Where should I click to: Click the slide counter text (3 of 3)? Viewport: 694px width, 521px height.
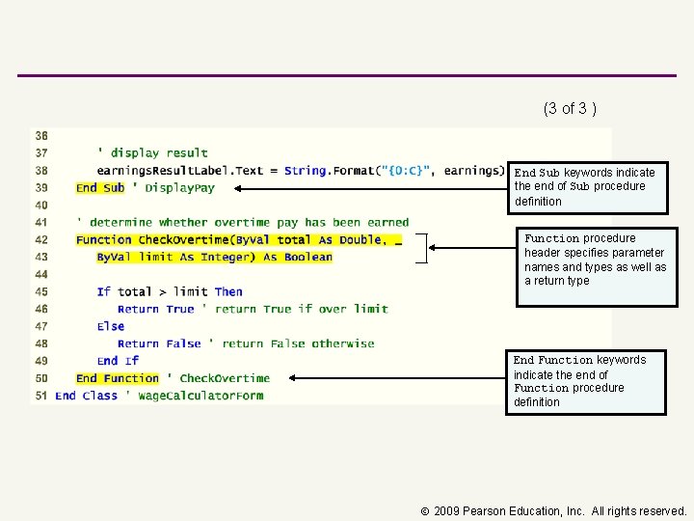(x=570, y=108)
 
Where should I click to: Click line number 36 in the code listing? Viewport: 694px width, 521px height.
(x=41, y=135)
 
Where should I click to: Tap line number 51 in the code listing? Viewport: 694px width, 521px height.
(x=41, y=396)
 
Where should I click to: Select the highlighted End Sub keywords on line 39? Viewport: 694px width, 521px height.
(x=100, y=188)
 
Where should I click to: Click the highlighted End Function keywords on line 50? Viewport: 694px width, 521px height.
(x=117, y=378)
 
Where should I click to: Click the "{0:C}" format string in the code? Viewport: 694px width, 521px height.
(x=407, y=171)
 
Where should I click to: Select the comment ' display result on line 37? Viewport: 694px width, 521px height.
(x=152, y=152)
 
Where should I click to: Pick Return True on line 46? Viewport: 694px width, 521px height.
(x=155, y=309)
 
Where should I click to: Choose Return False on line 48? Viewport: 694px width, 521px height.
(x=159, y=343)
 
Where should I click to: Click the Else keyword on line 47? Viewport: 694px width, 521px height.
(x=111, y=326)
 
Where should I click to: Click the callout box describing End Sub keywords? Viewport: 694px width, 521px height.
(x=587, y=187)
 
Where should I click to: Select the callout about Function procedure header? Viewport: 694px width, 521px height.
(x=596, y=265)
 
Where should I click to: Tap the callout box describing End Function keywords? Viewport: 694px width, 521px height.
(x=588, y=382)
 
